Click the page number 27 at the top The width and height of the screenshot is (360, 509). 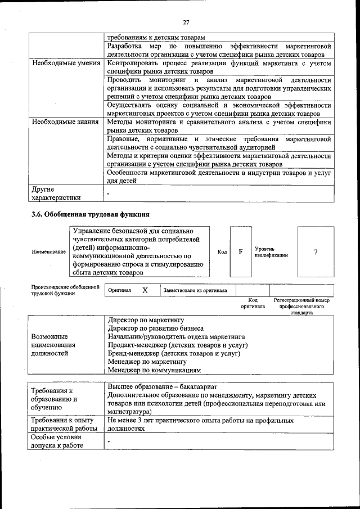point(186,22)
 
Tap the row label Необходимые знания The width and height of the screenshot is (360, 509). point(65,121)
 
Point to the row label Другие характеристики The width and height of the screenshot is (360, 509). point(56,193)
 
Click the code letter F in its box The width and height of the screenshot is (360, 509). point(240,251)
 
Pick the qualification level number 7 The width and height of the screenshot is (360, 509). point(316,251)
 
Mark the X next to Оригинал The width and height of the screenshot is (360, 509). point(145,290)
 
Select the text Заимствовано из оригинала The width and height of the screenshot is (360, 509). point(195,291)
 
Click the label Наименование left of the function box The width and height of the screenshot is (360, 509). point(48,251)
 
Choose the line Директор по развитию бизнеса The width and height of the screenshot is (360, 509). point(155,328)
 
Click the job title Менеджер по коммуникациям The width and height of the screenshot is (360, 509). point(154,371)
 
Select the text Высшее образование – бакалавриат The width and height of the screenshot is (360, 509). point(162,387)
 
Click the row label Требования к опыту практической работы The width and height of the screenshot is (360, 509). point(64,425)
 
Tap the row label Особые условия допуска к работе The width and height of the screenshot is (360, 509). point(57,442)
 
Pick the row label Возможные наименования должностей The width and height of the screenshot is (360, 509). point(53,345)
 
